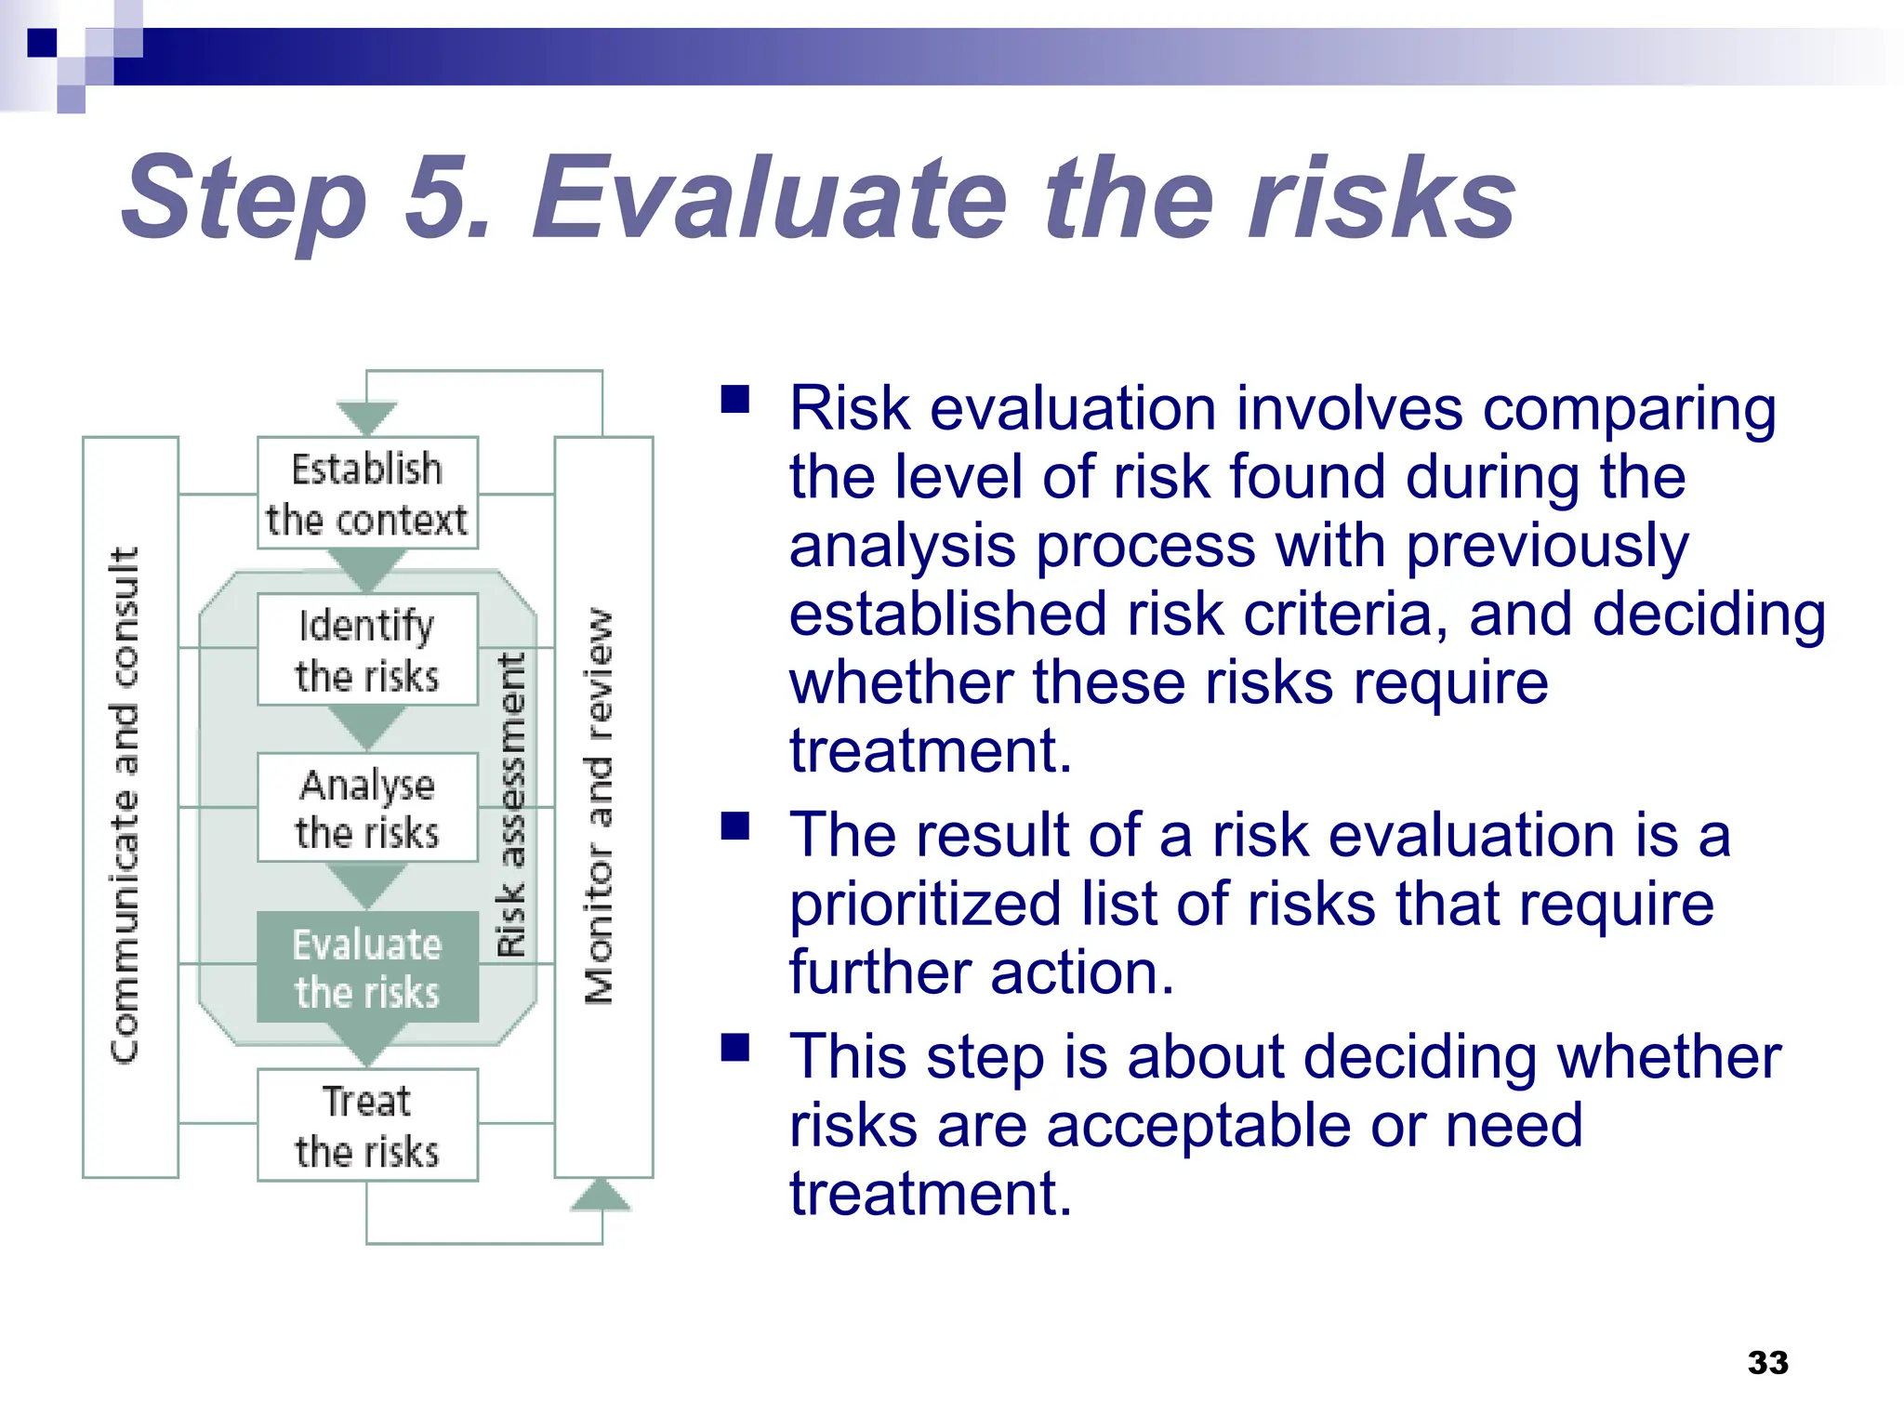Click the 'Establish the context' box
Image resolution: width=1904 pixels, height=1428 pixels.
[367, 493]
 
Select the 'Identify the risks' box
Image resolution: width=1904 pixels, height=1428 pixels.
[367, 649]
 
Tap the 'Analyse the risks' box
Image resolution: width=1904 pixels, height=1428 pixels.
[367, 807]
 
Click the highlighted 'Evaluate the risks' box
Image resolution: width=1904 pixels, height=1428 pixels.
[367, 967]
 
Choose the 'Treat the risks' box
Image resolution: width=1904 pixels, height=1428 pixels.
[367, 1125]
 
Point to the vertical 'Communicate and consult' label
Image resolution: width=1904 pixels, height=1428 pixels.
[126, 805]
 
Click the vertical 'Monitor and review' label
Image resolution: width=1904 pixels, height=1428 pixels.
[600, 805]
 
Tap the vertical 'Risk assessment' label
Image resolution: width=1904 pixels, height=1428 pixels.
[511, 805]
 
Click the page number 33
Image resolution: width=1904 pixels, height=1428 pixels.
[1767, 1363]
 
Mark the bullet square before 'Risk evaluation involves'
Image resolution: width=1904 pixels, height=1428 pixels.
[735, 400]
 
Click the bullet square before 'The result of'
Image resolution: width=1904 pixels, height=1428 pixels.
[735, 826]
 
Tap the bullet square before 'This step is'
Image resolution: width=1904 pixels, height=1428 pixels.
[735, 1048]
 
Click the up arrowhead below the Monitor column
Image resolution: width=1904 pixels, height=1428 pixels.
[601, 1195]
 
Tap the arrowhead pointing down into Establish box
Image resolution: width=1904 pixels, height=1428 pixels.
[366, 417]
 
